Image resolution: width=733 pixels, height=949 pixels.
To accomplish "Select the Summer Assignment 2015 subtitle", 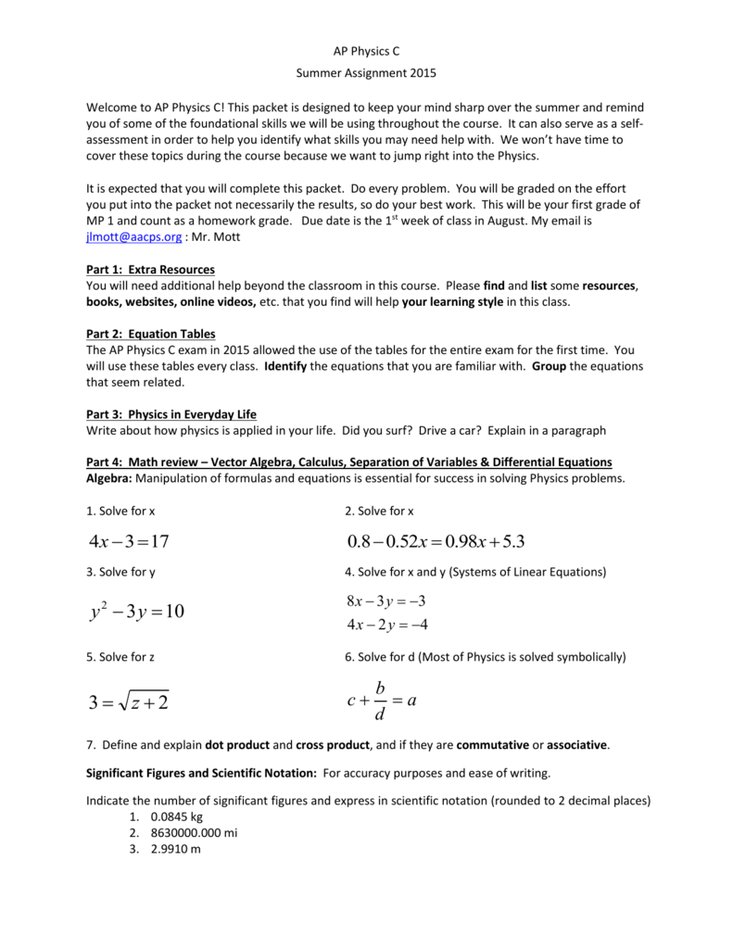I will pos(365,73).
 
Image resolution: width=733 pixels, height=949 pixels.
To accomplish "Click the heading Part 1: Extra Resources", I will pos(150,270).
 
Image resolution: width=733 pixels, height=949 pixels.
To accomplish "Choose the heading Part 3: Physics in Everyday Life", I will pos(171,414).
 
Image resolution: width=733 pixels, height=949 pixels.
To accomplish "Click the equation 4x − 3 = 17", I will pos(129,540).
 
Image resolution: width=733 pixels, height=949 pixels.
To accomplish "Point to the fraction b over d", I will pos(381,702).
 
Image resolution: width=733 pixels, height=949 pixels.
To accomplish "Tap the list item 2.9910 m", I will pos(166,850).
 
